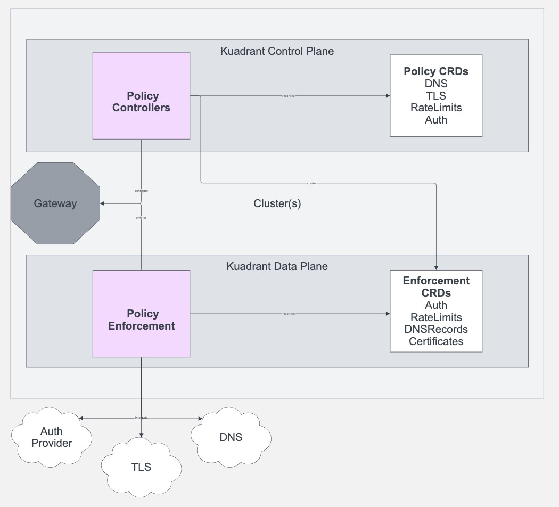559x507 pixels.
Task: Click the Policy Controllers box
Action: coord(141,96)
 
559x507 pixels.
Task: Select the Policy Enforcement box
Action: coord(141,314)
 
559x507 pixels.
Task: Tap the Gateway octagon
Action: coord(55,203)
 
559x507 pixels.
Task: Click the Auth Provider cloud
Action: coord(52,437)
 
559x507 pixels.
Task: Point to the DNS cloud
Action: coord(231,437)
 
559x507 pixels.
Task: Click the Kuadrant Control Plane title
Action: coord(277,51)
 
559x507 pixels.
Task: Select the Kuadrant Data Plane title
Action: coord(277,266)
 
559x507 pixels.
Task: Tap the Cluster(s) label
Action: coord(277,203)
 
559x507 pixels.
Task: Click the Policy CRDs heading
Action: coord(435,71)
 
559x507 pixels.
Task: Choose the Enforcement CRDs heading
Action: coord(436,287)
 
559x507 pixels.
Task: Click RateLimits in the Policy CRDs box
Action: coord(436,108)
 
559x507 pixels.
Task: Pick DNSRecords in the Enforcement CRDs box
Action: coord(436,329)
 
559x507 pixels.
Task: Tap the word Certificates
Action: coord(436,341)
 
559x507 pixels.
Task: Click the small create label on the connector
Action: coord(311,183)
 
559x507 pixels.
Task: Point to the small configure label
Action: coord(141,190)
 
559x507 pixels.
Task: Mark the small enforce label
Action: coord(141,218)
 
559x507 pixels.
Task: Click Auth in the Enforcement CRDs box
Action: coord(436,305)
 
